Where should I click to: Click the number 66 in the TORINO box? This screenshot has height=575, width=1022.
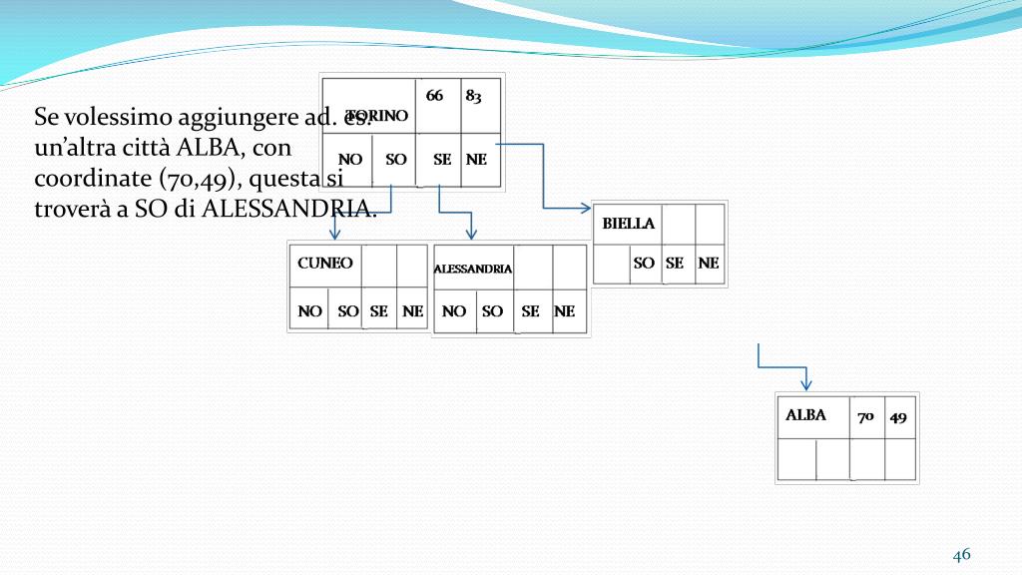[435, 96]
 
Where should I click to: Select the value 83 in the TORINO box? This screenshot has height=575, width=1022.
[473, 96]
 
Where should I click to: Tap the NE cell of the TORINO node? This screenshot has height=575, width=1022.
[477, 159]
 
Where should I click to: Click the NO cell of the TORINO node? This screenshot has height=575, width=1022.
[349, 159]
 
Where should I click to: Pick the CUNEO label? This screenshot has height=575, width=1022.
[325, 264]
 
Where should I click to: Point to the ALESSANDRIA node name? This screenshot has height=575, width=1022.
[473, 269]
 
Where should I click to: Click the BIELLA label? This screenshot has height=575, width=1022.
[629, 224]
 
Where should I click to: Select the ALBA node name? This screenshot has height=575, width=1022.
[805, 415]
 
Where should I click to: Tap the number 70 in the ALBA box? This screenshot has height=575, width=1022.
[866, 416]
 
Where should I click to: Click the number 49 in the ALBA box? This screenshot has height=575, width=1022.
[898, 416]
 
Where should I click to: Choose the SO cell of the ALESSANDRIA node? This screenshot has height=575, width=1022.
[492, 311]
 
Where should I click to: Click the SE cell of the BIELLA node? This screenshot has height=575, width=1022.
[675, 264]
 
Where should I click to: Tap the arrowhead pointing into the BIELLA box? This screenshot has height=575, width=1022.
[586, 209]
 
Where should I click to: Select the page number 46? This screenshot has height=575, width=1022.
[962, 555]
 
